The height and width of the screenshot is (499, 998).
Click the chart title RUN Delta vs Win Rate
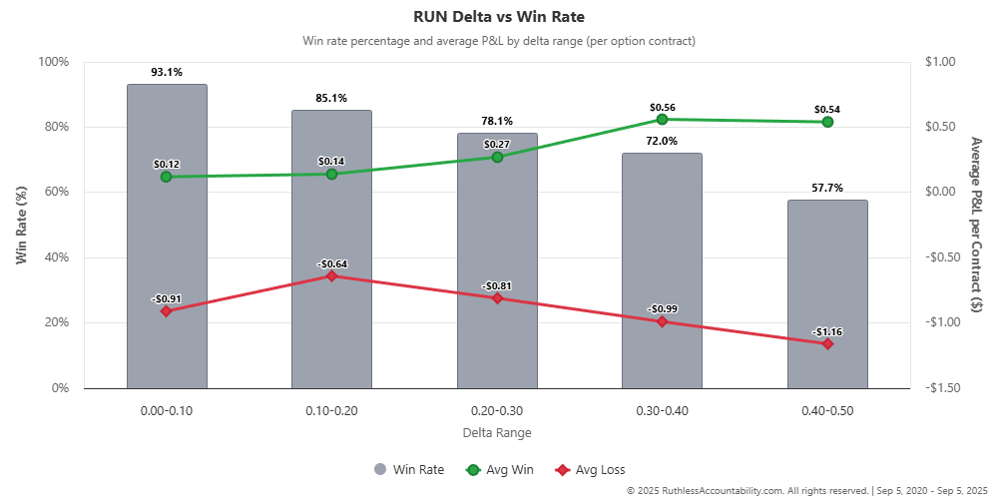point(498,17)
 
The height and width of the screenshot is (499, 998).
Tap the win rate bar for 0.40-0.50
point(827,299)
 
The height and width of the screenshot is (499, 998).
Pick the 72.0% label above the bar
point(662,142)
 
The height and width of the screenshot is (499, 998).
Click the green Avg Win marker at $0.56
point(662,119)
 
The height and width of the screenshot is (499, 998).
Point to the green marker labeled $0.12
point(166,177)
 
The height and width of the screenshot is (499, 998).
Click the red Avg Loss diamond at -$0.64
point(331,275)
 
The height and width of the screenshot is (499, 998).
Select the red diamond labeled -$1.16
point(827,343)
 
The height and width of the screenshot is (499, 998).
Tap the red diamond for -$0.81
point(497,297)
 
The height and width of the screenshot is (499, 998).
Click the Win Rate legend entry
point(409,469)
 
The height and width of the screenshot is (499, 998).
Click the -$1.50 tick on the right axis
point(942,388)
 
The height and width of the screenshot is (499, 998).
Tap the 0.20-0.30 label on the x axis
point(497,410)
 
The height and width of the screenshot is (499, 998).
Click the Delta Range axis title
point(497,433)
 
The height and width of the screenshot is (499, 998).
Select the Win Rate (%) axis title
point(21,225)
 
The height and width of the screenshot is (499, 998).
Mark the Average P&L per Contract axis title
point(975,225)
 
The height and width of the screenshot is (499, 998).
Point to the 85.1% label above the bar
point(331,99)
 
